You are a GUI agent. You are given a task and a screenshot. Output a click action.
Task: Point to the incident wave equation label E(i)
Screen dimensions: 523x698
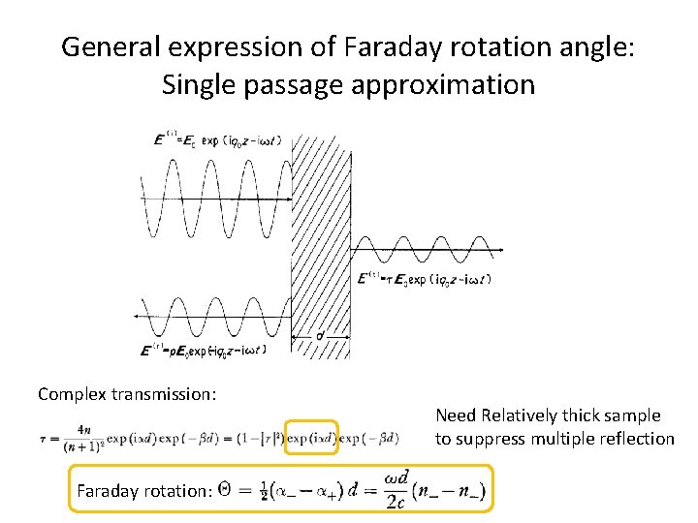tap(209, 140)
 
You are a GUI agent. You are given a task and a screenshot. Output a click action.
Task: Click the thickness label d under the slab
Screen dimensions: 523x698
tap(320, 336)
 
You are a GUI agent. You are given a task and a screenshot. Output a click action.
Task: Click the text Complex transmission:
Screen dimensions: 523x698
tap(127, 393)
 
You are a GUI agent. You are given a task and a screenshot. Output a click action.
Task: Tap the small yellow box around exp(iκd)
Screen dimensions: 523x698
tap(312, 438)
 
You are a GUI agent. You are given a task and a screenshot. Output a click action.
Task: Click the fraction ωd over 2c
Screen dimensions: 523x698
tap(397, 489)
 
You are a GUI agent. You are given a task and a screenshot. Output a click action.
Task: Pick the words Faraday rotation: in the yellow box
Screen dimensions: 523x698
tap(143, 490)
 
